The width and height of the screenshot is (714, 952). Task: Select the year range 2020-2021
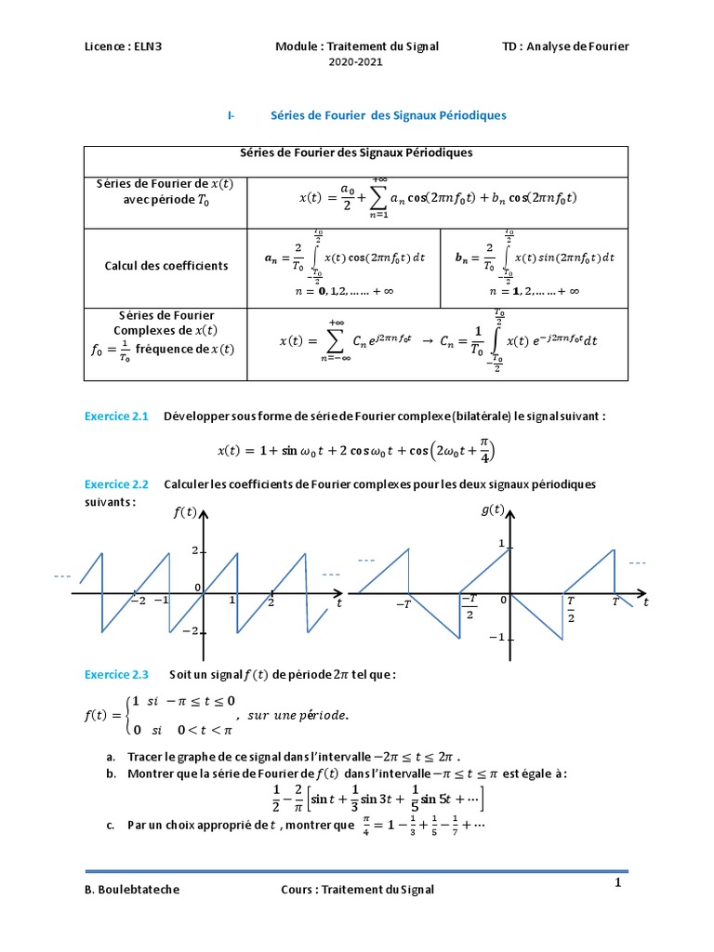pos(356,61)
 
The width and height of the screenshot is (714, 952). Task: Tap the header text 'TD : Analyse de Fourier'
pos(565,46)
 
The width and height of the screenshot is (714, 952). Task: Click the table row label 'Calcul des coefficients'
pos(166,266)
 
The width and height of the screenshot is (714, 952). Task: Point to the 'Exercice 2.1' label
pos(116,416)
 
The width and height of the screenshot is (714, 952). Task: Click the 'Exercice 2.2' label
pos(116,485)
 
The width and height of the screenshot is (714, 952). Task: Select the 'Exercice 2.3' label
pos(116,674)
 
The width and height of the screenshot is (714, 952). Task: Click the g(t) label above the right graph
pos(493,509)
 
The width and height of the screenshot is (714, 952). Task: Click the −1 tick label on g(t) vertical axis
pos(496,637)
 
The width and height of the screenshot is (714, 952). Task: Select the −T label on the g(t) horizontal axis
pos(403,604)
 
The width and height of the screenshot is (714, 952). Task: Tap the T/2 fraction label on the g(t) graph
pos(571,610)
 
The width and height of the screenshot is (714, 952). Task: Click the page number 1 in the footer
pos(616,883)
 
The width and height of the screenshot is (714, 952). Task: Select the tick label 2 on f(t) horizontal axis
pos(271,602)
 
